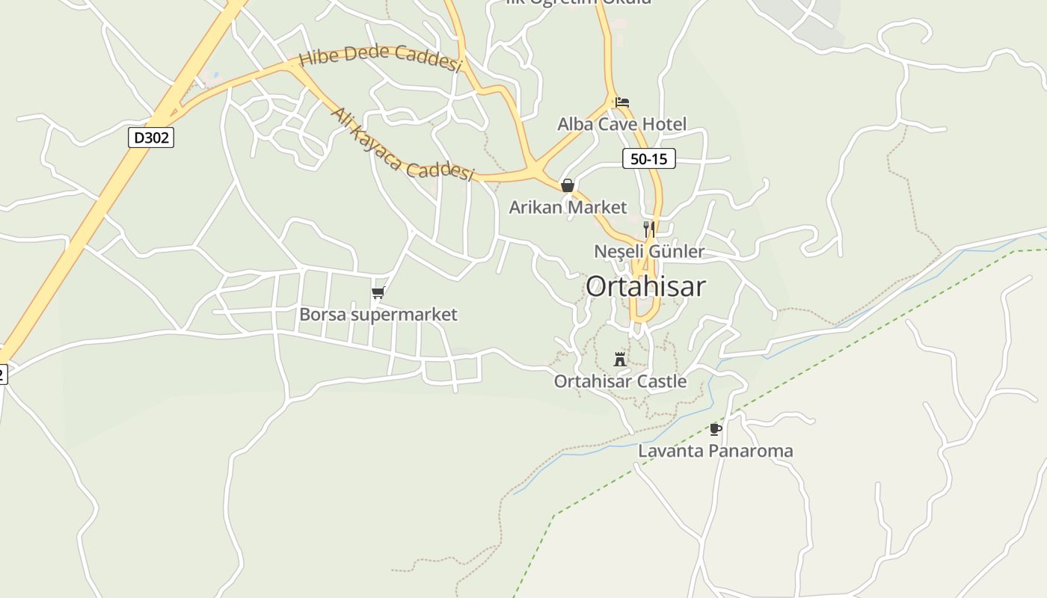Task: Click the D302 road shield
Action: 150,138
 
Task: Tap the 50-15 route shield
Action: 648,158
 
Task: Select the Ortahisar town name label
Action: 645,286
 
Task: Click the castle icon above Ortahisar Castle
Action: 620,360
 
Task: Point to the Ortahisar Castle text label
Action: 620,381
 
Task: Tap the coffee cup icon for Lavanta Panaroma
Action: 716,429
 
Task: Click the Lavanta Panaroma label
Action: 715,451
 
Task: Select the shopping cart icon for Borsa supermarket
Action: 378,293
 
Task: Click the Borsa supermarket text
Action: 378,315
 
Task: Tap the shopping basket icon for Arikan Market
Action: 568,185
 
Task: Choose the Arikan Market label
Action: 568,207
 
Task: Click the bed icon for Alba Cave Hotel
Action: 622,102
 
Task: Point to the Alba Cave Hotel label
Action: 621,124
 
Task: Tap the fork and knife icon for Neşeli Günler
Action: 649,229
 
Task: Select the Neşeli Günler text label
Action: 649,251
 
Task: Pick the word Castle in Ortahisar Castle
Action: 660,381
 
